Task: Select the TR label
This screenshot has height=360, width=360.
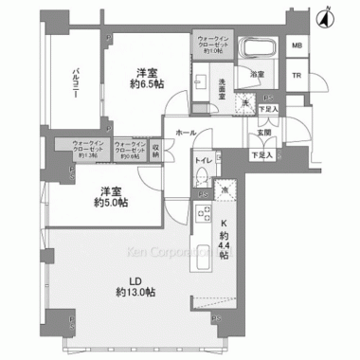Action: pos(297,77)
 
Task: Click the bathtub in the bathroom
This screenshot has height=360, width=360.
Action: pos(254,49)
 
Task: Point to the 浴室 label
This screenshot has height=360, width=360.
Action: pos(257,73)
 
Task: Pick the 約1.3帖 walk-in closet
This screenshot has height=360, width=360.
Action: pos(88,149)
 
